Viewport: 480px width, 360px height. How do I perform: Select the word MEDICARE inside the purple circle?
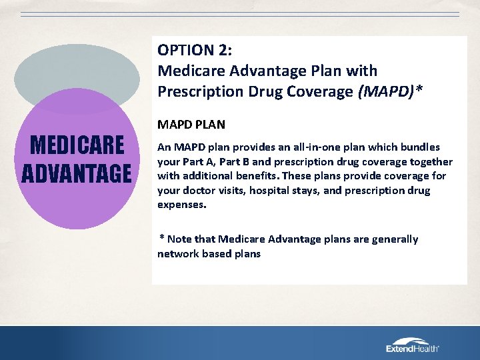tap(73, 145)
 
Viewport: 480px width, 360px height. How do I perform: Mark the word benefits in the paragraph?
tap(253, 177)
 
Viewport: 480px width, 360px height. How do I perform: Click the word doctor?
tap(198, 191)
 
